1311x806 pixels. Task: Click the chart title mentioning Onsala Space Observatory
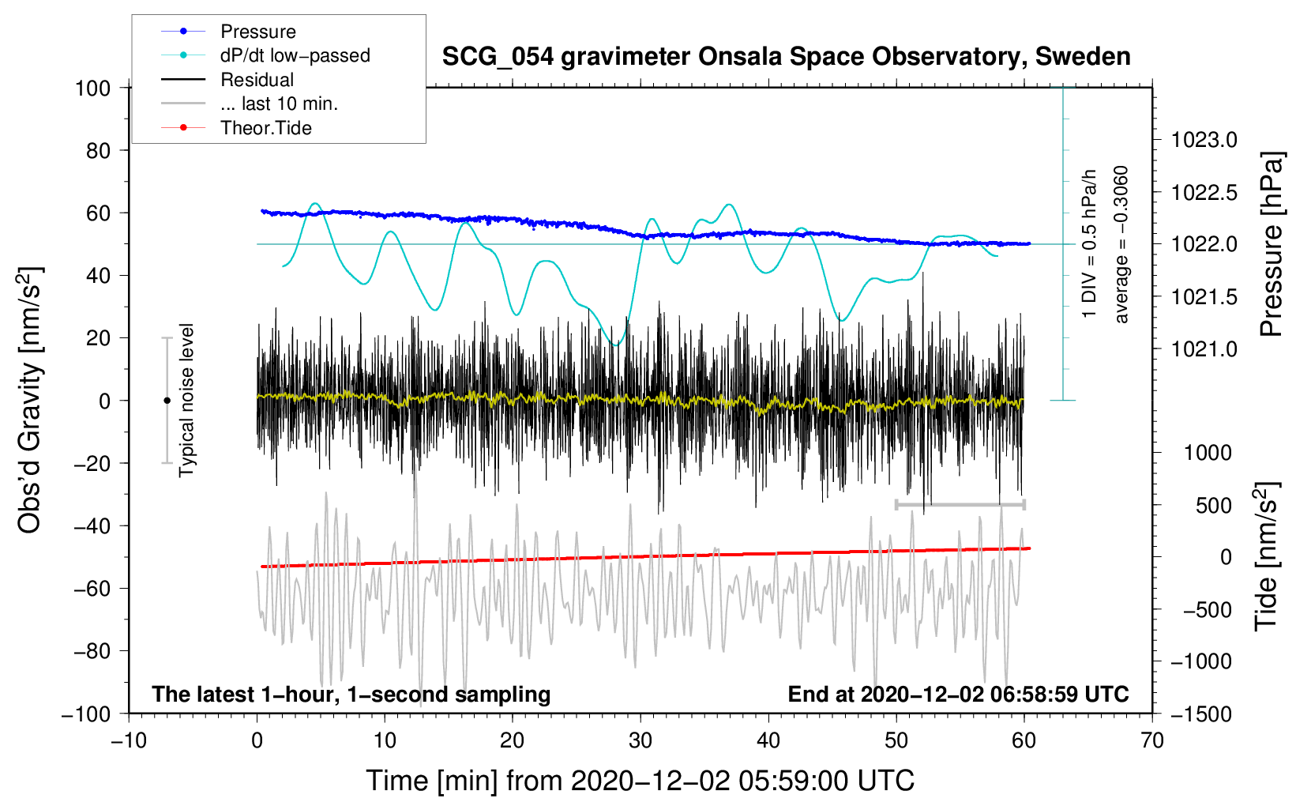786,57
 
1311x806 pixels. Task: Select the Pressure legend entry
257,32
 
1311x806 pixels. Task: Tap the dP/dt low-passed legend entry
295,55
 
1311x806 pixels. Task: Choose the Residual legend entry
257,80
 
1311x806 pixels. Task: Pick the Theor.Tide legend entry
265,128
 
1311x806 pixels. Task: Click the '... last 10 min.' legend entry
279,104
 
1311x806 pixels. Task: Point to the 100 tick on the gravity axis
92,88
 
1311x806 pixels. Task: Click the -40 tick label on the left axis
92,526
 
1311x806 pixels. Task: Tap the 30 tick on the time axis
640,741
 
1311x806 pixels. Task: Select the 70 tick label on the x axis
1152,741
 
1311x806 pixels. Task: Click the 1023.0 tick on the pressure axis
1204,141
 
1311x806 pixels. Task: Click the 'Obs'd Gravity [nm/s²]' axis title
30,400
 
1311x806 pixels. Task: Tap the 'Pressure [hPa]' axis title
1271,244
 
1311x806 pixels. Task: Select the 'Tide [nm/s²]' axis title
1266,557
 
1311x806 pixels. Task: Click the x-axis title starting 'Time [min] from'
640,781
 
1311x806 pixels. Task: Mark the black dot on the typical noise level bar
167,401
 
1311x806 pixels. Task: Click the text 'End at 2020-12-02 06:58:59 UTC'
958,694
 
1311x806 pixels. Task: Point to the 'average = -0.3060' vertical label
1121,244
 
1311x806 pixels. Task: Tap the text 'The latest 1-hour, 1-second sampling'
351,694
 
